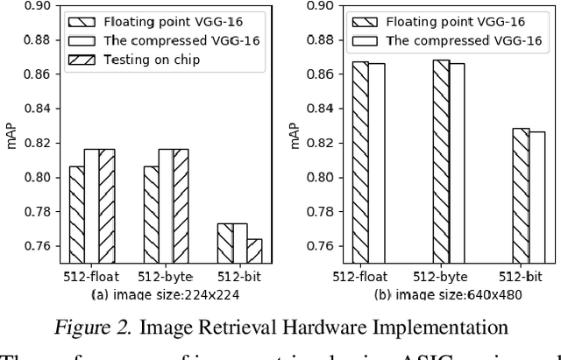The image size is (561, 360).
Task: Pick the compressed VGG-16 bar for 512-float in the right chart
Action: coord(376,162)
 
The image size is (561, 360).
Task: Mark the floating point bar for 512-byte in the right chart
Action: coord(441,161)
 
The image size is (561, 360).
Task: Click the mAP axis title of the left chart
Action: coord(11,136)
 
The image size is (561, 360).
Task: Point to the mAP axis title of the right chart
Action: coord(295,136)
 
